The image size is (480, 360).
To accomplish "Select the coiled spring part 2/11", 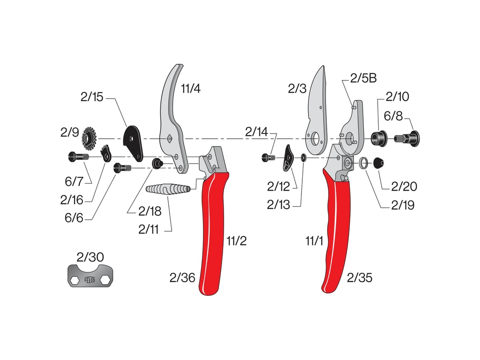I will [168, 189].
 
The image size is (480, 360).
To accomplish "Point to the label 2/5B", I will [363, 78].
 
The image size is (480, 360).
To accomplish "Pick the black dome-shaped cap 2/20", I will [378, 164].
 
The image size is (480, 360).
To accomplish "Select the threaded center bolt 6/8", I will [407, 138].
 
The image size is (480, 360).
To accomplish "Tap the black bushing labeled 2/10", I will [378, 138].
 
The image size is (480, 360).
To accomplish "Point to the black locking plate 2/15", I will [133, 140].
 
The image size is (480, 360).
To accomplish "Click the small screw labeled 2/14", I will [268, 158].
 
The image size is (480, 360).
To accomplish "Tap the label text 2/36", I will [182, 278].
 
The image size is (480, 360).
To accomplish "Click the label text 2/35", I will [360, 278].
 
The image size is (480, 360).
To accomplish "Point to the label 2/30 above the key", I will [90, 257].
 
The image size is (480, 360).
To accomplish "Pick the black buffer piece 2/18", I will [157, 163].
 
